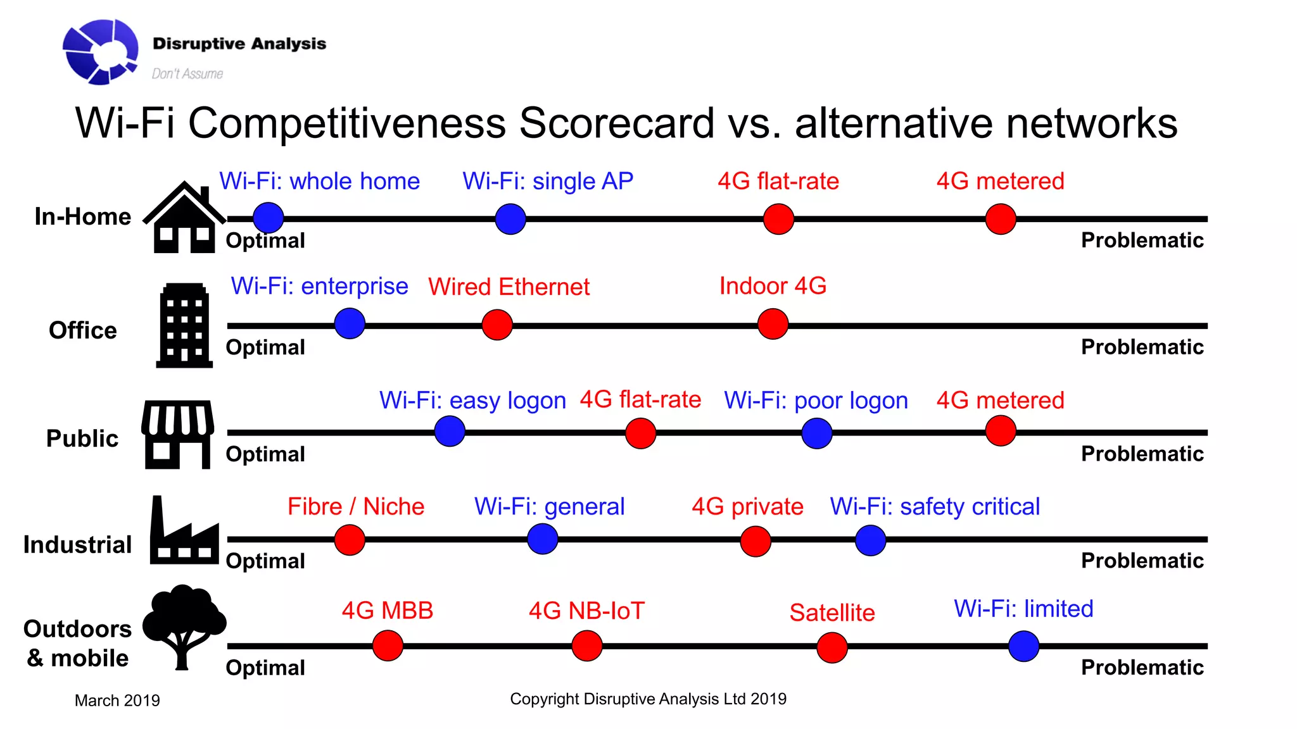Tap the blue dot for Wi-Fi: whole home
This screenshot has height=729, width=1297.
click(268, 218)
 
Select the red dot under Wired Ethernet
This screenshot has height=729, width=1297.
click(497, 325)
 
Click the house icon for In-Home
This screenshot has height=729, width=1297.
click(184, 218)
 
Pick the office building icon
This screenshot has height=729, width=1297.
click(184, 325)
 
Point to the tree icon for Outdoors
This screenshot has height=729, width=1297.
click(184, 626)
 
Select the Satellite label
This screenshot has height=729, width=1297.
click(832, 613)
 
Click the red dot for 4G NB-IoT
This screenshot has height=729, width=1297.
click(586, 645)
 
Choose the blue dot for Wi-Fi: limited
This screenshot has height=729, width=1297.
click(1023, 646)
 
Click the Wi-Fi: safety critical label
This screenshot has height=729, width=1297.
click(935, 506)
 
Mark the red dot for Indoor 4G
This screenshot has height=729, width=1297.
click(773, 324)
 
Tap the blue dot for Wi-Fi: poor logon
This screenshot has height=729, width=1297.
click(816, 433)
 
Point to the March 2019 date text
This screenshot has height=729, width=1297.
click(117, 701)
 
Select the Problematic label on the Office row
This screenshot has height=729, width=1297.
click(1142, 347)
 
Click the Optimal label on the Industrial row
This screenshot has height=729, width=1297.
click(265, 561)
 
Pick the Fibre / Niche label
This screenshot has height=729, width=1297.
click(356, 506)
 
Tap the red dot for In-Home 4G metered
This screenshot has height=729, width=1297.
click(1001, 219)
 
